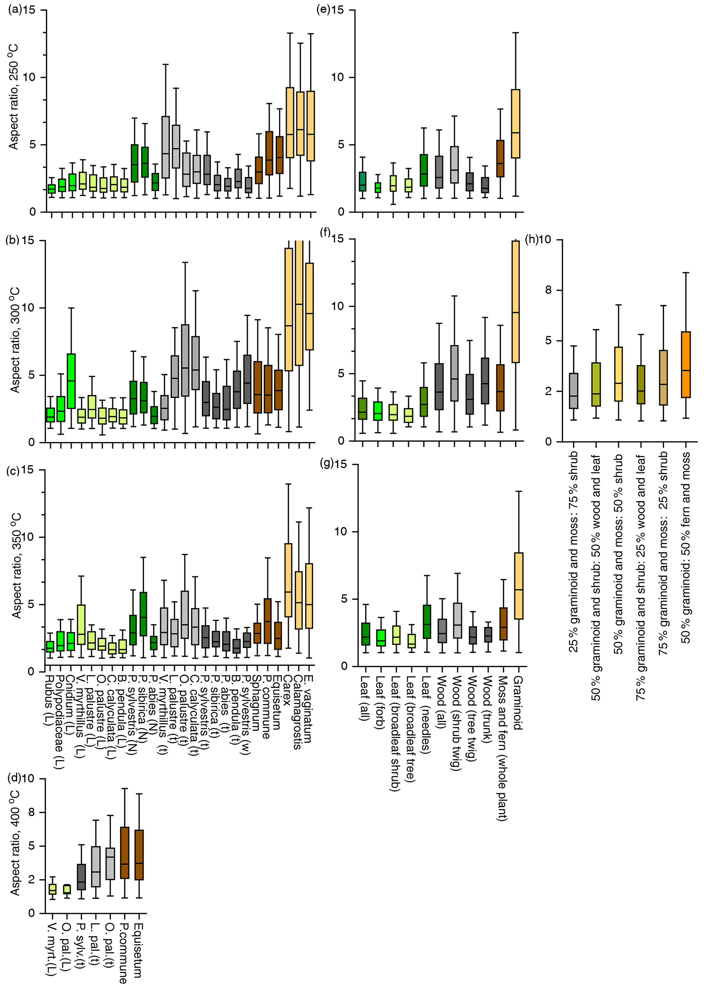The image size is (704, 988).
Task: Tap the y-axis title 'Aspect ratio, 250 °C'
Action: click(x=14, y=96)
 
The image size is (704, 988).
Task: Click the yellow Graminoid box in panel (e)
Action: click(x=515, y=124)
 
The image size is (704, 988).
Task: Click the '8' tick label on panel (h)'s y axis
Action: click(x=548, y=290)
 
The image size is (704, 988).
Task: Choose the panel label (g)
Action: click(x=326, y=464)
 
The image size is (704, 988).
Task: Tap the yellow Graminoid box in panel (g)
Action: click(x=518, y=586)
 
